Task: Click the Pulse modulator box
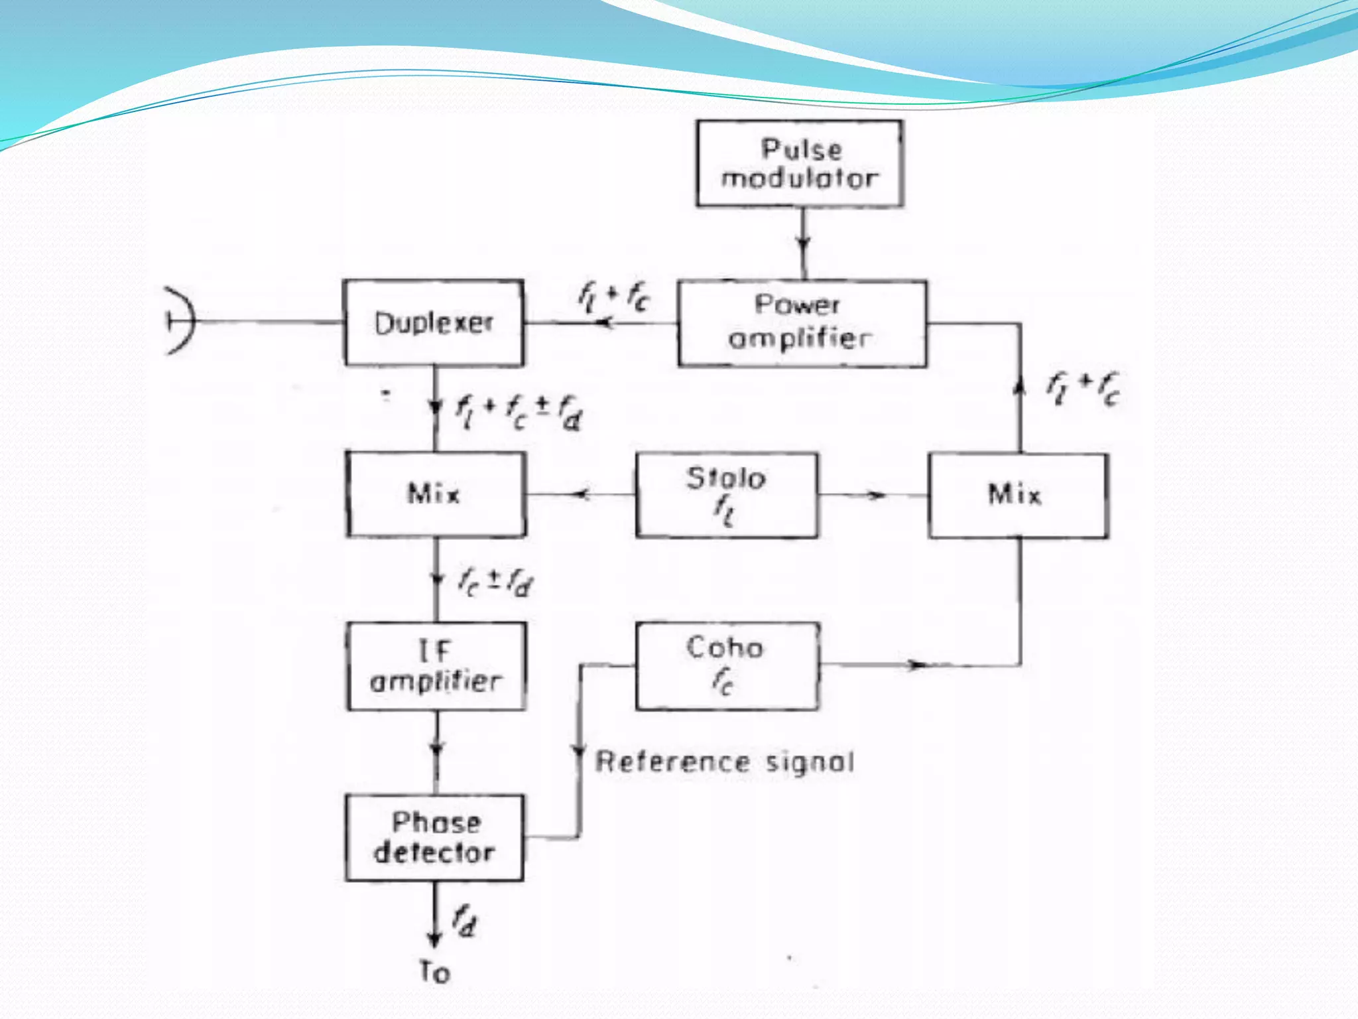pos(800,164)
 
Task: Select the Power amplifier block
pos(802,323)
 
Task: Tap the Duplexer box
pos(434,323)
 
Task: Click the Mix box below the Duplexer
pos(436,494)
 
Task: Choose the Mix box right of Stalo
pos(1017,495)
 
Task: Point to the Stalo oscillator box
pos(726,495)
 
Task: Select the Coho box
pos(726,665)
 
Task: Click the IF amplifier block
pos(436,665)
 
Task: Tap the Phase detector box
pos(434,837)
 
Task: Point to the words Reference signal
pos(725,762)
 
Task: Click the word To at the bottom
pos(435,973)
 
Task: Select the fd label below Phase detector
pos(465,922)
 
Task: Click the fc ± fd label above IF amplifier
pos(495,582)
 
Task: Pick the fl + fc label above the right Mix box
pos(1083,388)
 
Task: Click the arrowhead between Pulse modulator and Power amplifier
pos(803,243)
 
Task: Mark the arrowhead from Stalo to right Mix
pos(877,495)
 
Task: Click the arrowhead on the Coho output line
pos(916,665)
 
